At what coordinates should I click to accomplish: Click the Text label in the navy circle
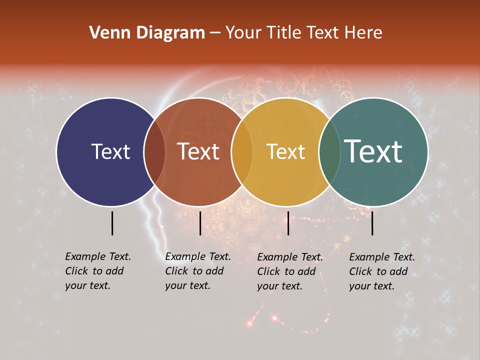click(x=110, y=151)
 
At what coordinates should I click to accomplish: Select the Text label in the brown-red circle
click(x=198, y=151)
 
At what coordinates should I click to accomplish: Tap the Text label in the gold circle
click(x=285, y=151)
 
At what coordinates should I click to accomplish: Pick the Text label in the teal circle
click(x=373, y=151)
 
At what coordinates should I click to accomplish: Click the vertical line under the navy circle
click(x=112, y=223)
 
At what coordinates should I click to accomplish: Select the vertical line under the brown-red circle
click(x=200, y=223)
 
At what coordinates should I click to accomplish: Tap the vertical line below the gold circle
click(x=288, y=223)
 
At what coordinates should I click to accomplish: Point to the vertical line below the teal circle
click(x=372, y=223)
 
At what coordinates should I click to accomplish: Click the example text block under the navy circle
click(x=98, y=271)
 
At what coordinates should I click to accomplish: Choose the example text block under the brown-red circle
click(x=198, y=271)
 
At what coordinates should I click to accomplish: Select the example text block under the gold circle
click(x=290, y=271)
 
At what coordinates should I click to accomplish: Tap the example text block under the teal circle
click(x=382, y=271)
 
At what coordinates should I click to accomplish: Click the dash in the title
click(x=215, y=33)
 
